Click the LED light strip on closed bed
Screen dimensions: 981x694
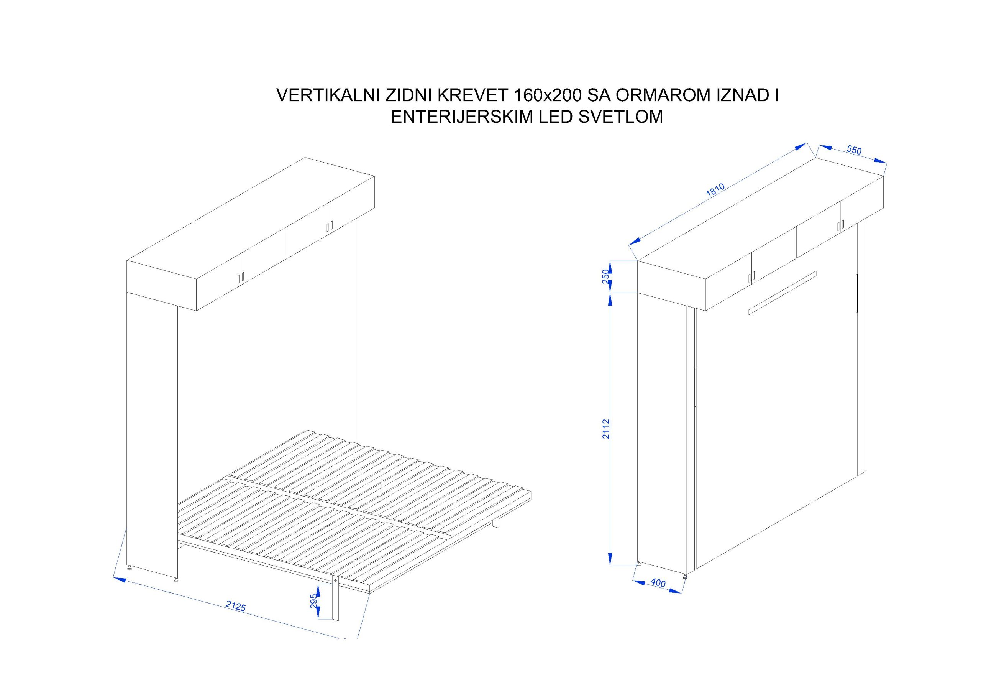[x=783, y=293]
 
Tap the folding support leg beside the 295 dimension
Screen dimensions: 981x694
[x=335, y=599]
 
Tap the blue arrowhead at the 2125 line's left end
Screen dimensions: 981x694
[x=119, y=579]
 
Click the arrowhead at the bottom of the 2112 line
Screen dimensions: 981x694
[x=610, y=559]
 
